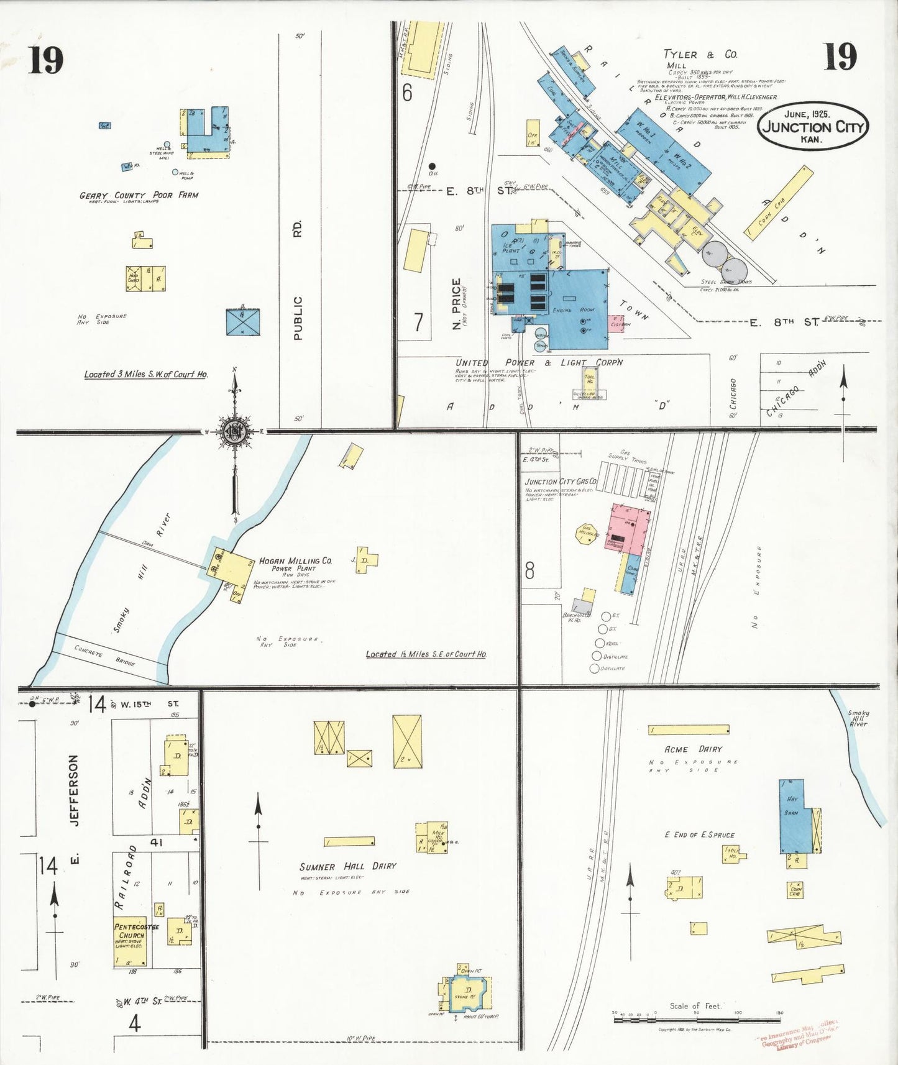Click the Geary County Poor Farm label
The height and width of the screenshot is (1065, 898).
point(139,195)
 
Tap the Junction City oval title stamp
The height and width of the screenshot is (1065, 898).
point(813,127)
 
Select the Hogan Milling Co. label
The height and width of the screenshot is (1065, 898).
point(295,560)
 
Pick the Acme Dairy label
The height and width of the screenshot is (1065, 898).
point(693,749)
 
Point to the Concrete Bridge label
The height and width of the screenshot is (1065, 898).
point(104,656)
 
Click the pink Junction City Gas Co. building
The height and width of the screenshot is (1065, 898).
point(629,529)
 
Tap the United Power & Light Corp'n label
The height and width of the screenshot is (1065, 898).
point(539,362)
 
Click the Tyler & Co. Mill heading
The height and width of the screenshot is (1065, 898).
point(700,55)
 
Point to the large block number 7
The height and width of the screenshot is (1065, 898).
point(418,322)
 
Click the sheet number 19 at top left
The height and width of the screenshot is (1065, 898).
point(45,60)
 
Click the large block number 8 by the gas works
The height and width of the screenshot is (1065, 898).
point(529,570)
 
